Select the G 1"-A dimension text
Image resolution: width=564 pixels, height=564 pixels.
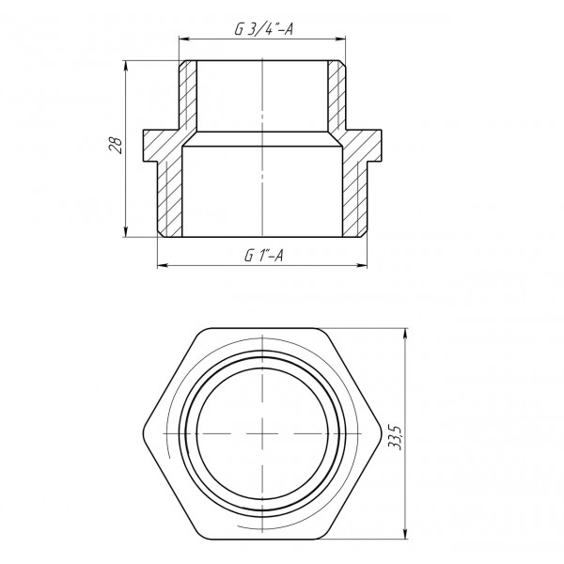pos(263,255)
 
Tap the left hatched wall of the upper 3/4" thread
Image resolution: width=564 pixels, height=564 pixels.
pos(189,94)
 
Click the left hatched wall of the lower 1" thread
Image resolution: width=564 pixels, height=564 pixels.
pos(168,197)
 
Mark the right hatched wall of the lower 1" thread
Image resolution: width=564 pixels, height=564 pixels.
pos(352,197)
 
